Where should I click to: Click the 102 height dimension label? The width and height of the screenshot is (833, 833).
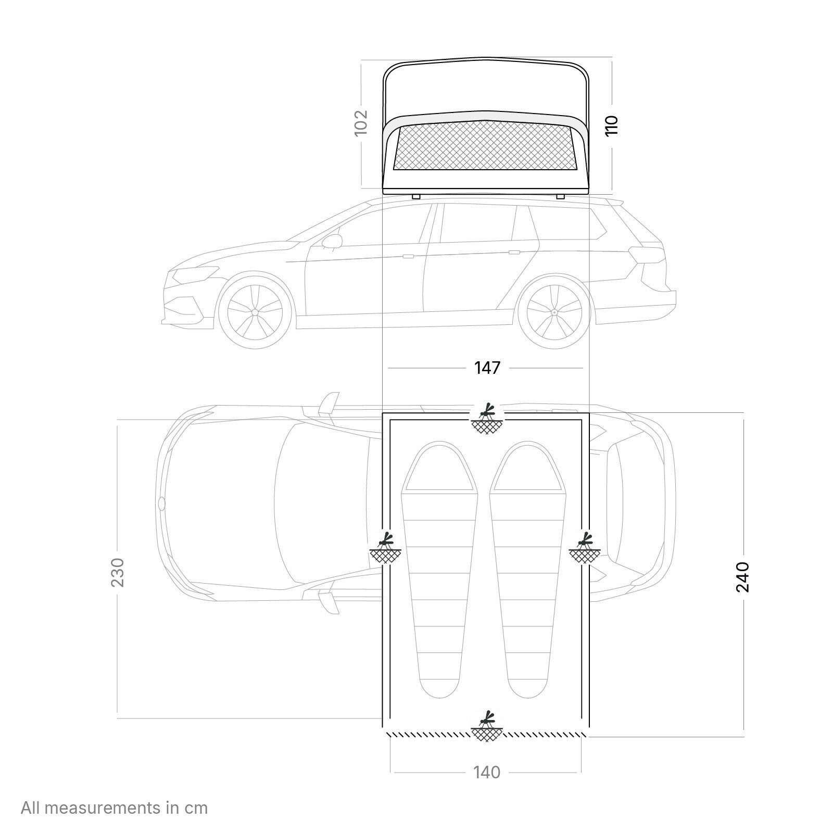pos(361,123)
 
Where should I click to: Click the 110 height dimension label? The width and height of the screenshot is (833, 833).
pos(611,126)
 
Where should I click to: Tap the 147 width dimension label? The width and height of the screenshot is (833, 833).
pos(487,368)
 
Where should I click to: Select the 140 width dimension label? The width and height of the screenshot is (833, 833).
pos(487,772)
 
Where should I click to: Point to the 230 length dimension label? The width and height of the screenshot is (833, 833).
pos(118,572)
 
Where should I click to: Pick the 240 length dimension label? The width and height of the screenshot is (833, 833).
pos(742,577)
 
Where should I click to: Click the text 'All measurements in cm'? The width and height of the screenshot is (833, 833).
pos(115,807)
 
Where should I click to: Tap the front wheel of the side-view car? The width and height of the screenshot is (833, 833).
pos(255,312)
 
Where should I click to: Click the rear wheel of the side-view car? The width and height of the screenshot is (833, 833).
pos(554,312)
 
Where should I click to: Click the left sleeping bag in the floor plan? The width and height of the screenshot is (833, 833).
pos(440,570)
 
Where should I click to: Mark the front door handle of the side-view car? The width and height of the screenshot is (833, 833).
pos(408,256)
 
